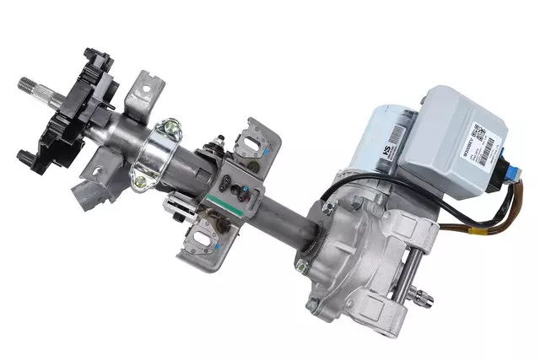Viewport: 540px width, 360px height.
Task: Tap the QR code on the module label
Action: coord(478,132)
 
